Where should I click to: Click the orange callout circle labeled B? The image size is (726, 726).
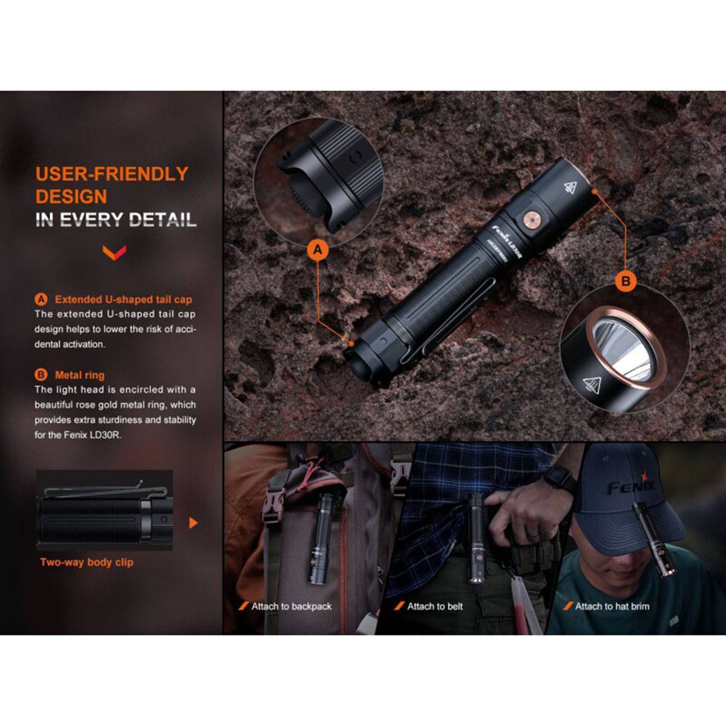[626, 281]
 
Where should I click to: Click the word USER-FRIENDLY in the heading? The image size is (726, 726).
[112, 174]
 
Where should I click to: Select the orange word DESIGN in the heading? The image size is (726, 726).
[71, 197]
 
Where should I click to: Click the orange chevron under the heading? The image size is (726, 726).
[114, 252]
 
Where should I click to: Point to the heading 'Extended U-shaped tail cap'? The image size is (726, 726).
[123, 299]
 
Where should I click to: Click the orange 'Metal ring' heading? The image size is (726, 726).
[79, 374]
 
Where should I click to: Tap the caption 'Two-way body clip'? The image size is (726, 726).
[87, 562]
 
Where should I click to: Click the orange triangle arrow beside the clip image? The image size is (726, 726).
[193, 523]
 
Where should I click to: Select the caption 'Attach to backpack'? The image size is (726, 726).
[291, 606]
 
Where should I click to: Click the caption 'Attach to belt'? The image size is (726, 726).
[434, 606]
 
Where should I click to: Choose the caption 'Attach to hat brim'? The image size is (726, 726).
[612, 606]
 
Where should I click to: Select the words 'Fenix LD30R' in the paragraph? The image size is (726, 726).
[92, 434]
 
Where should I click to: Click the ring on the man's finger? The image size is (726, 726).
[532, 534]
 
